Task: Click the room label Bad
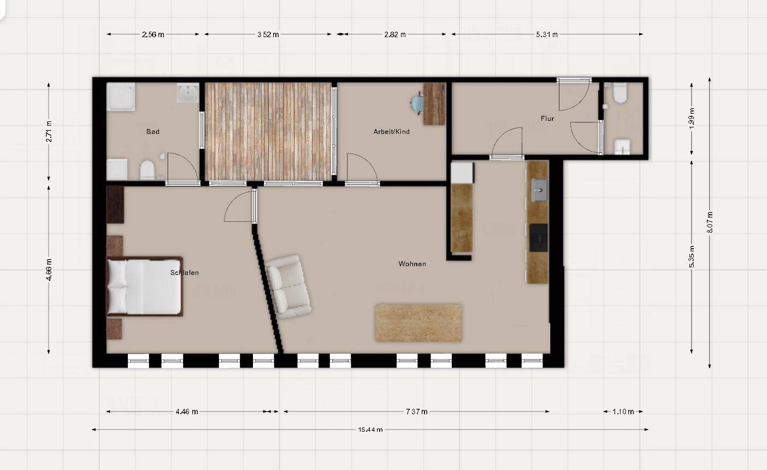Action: pyautogui.click(x=153, y=132)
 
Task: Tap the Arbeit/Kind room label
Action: pyautogui.click(x=391, y=132)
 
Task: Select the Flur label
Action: pyautogui.click(x=547, y=119)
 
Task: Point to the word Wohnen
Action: pyautogui.click(x=412, y=264)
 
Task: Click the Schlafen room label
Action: pyautogui.click(x=185, y=273)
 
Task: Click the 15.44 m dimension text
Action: pyautogui.click(x=370, y=430)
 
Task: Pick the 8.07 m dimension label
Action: pyautogui.click(x=710, y=222)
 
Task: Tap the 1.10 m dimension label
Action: pyautogui.click(x=623, y=412)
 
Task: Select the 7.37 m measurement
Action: pyautogui.click(x=416, y=412)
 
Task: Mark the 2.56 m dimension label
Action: pyautogui.click(x=153, y=34)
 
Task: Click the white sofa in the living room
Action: pyautogui.click(x=288, y=286)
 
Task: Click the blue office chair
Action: pyautogui.click(x=417, y=103)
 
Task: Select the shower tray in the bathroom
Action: pyautogui.click(x=120, y=97)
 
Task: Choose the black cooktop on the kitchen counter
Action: pyautogui.click(x=538, y=238)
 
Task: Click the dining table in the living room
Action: pyautogui.click(x=418, y=322)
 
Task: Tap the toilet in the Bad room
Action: pyautogui.click(x=147, y=171)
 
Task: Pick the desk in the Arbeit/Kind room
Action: pyautogui.click(x=434, y=103)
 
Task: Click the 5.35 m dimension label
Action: pyautogui.click(x=692, y=257)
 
